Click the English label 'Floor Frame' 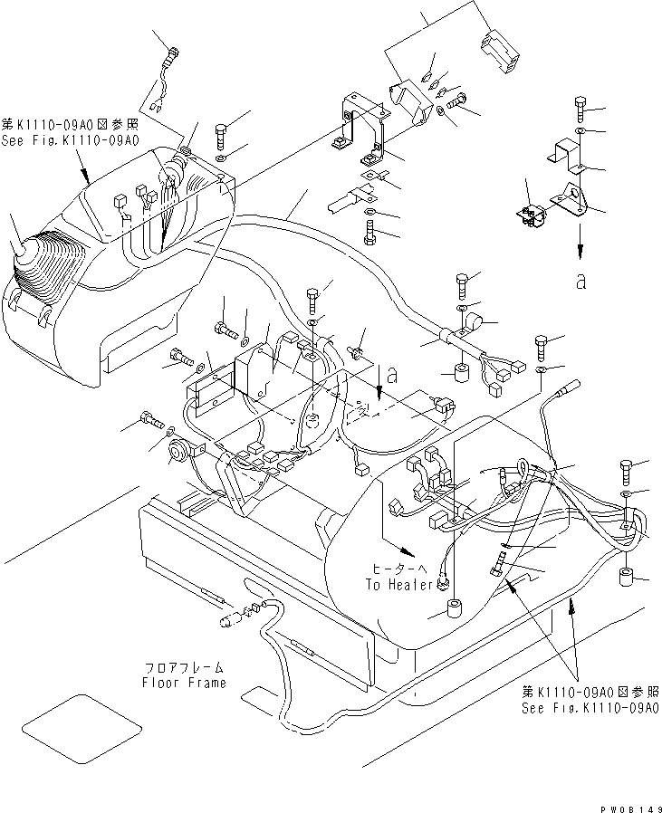pyautogui.click(x=184, y=683)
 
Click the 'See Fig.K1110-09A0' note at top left pyautogui.click(x=71, y=141)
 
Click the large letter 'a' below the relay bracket pyautogui.click(x=580, y=282)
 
